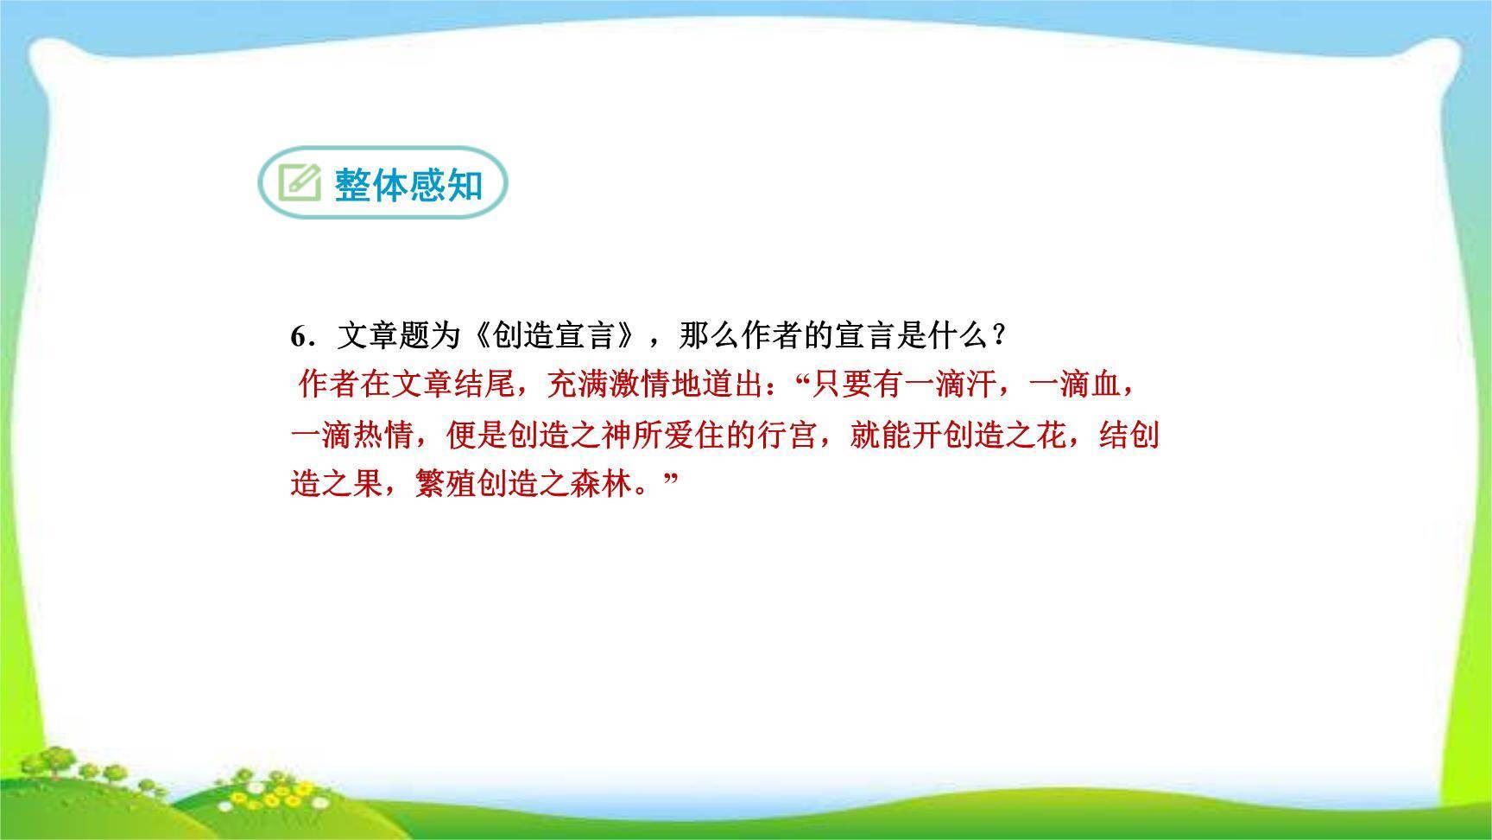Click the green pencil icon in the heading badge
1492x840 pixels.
coord(300,182)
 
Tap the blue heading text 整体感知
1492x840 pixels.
coord(408,184)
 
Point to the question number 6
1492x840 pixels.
coord(299,336)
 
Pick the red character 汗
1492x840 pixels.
coord(981,384)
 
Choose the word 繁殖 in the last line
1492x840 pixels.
coord(446,483)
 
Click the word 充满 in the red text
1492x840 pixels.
coord(578,384)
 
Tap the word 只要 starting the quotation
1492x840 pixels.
coord(842,384)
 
